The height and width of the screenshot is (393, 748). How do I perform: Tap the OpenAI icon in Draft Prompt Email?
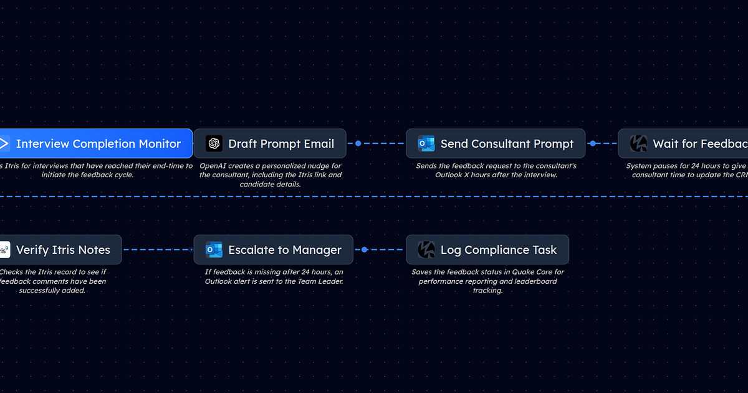tap(214, 143)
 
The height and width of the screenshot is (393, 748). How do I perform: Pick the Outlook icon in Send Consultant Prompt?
tap(426, 143)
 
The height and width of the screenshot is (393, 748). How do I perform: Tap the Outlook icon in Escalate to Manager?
tap(214, 250)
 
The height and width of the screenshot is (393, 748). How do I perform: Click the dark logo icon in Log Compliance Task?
tap(426, 250)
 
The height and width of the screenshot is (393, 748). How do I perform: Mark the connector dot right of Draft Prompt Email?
tap(358, 143)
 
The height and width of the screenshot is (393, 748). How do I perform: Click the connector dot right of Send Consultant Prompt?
tap(592, 143)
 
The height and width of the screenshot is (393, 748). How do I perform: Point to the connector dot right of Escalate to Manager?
tap(365, 250)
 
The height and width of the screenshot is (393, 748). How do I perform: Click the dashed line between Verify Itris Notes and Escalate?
tap(158, 250)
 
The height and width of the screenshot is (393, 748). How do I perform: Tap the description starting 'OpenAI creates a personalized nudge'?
tap(271, 175)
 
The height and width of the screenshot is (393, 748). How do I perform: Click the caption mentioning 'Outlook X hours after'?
tap(496, 170)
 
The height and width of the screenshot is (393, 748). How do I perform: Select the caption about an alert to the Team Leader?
tap(274, 276)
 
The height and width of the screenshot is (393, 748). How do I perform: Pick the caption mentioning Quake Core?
tap(487, 281)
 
